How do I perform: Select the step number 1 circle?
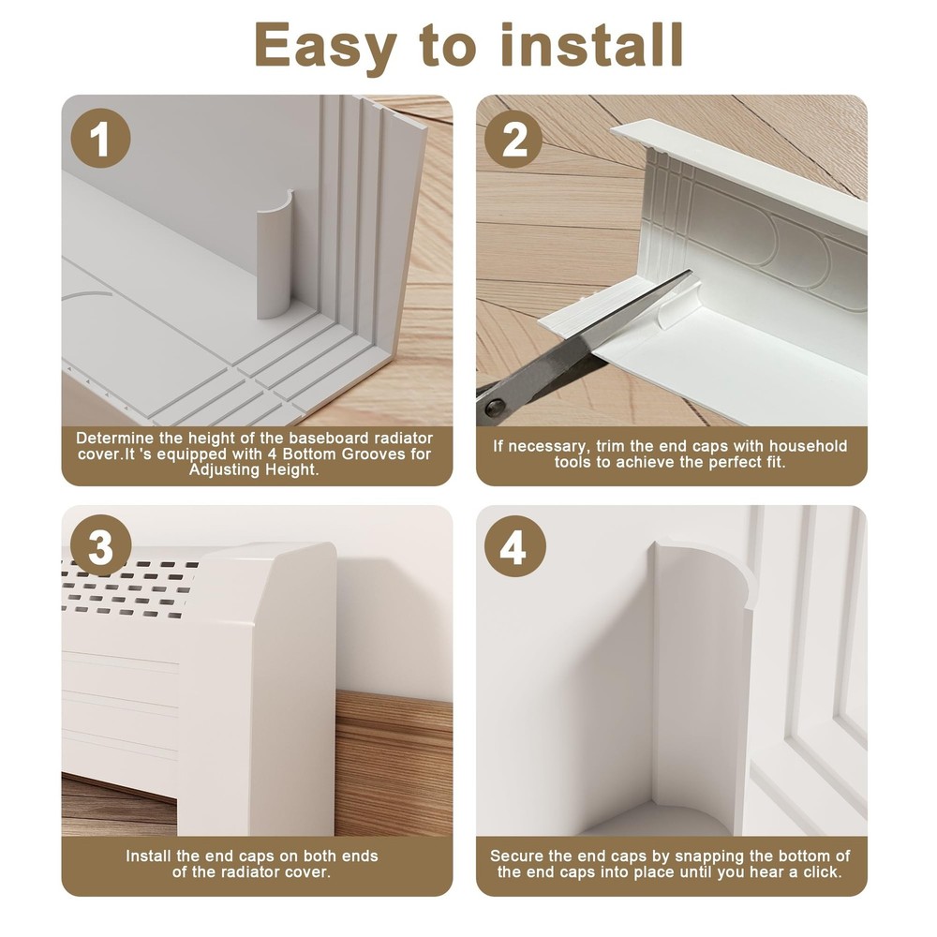(x=100, y=139)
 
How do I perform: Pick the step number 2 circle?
(x=513, y=139)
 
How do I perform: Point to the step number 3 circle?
(x=100, y=546)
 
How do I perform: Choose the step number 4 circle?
(x=514, y=546)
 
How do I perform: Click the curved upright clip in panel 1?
(x=274, y=256)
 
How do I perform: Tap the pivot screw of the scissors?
(x=494, y=408)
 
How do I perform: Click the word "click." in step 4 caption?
(x=823, y=872)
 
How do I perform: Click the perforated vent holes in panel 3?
(x=128, y=588)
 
